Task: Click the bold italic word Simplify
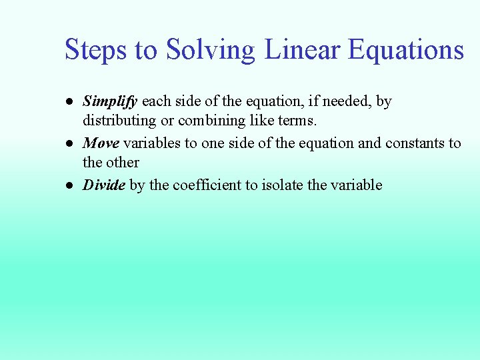110,102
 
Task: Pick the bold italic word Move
101,143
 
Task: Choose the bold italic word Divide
103,185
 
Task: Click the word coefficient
207,185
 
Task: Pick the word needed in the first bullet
347,102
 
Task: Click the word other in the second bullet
123,163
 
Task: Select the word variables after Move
151,143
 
